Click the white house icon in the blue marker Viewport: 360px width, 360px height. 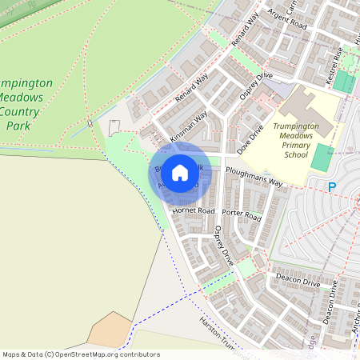point(180,172)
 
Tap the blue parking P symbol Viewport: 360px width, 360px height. point(332,187)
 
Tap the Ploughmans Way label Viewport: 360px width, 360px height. point(254,176)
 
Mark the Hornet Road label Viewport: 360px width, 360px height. point(193,210)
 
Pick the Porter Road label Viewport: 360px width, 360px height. point(242,214)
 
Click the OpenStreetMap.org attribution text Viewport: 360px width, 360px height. point(105,354)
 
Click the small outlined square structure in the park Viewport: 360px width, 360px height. point(114,126)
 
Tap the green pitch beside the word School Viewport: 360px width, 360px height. point(320,157)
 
